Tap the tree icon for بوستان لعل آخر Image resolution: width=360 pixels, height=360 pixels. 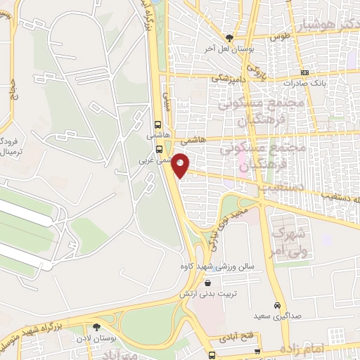pos(230,38)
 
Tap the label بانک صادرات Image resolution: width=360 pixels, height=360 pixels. pos(304,83)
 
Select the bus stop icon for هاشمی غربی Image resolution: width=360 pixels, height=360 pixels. pos(160,149)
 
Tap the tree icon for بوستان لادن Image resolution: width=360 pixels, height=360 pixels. pos(96,327)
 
